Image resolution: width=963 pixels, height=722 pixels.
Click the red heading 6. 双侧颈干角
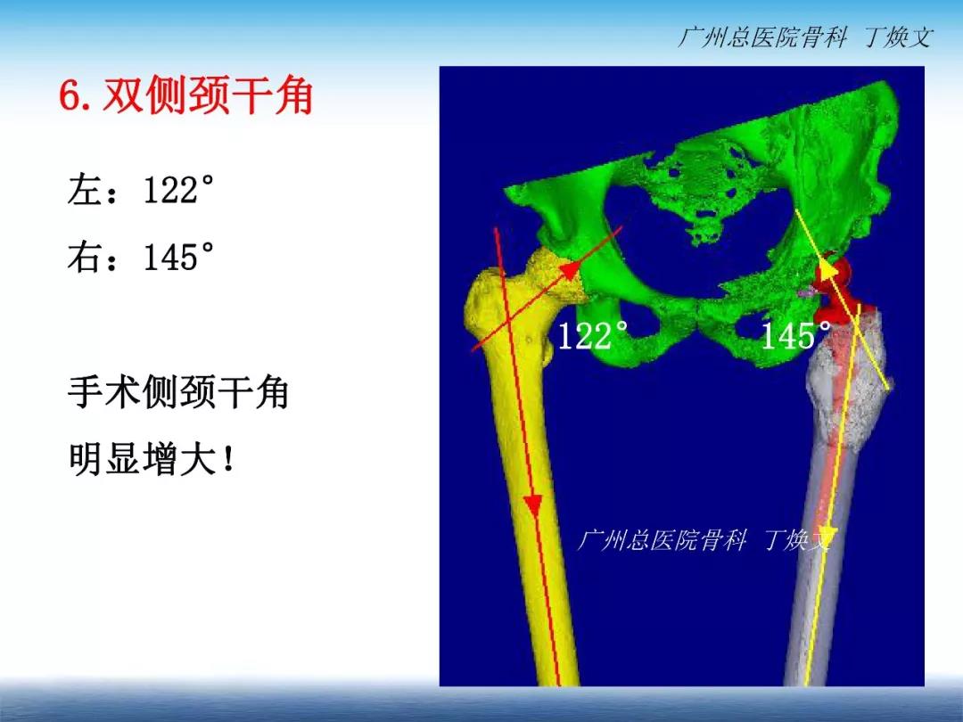(186, 95)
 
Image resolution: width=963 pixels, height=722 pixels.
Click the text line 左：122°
(141, 189)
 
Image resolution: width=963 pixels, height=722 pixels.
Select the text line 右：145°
(141, 257)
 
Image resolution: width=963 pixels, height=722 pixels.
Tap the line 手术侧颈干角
(178, 392)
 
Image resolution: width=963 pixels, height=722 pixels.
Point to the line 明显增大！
(152, 459)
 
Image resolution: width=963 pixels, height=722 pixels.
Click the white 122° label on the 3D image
(593, 335)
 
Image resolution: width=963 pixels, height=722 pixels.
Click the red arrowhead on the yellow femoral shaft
(532, 505)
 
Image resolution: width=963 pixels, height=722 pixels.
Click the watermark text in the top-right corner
(805, 37)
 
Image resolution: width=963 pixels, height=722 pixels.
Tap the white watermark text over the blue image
(704, 540)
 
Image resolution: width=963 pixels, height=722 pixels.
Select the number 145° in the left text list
(178, 257)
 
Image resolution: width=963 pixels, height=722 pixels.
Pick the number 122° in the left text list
(178, 189)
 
